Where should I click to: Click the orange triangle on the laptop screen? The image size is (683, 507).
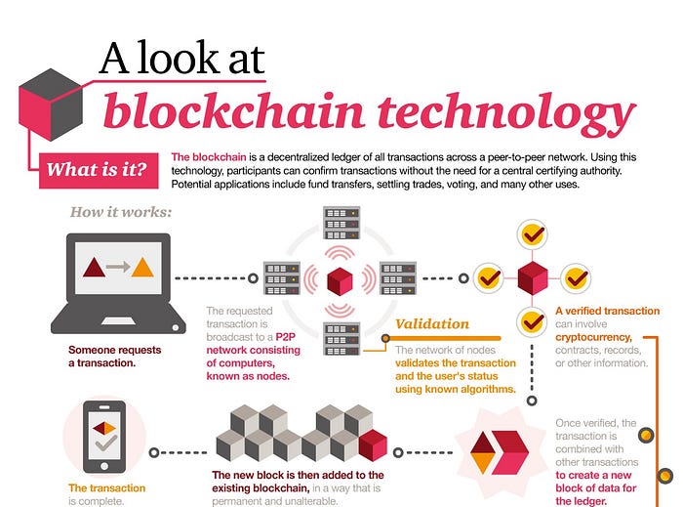pyautogui.click(x=142, y=267)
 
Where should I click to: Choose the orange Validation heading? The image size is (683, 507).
pyautogui.click(x=431, y=324)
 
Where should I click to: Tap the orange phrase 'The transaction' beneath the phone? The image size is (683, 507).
pyautogui.click(x=107, y=487)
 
